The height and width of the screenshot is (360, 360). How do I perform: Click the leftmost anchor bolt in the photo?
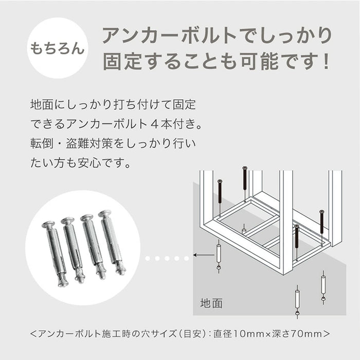56,253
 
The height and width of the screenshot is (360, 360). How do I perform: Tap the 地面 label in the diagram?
211,303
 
